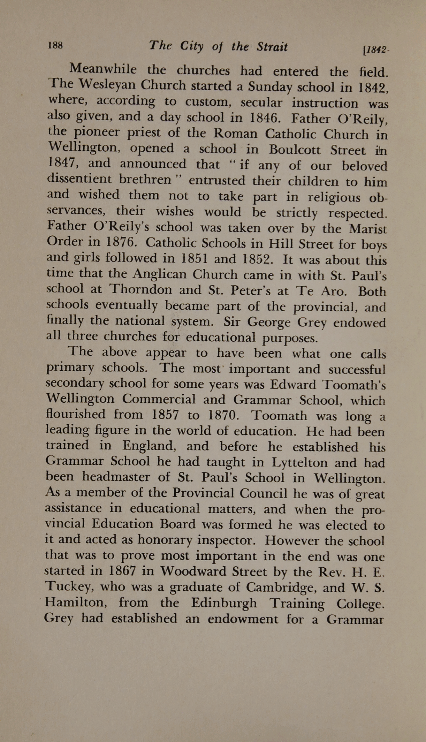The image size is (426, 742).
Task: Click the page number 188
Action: tap(55, 45)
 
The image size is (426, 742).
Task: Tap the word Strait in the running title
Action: tap(272, 47)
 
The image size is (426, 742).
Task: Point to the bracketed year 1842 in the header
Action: tap(376, 50)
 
